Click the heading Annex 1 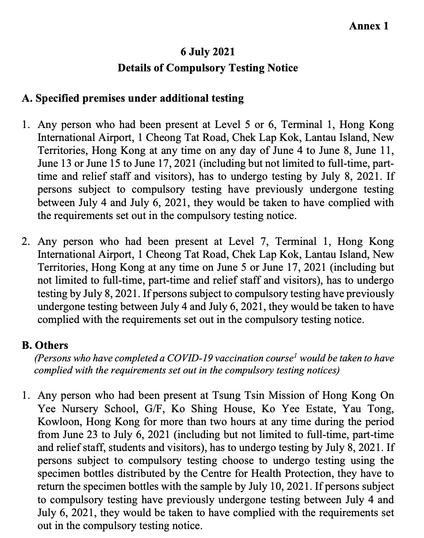369,26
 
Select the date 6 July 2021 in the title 208,52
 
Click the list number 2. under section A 26,242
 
